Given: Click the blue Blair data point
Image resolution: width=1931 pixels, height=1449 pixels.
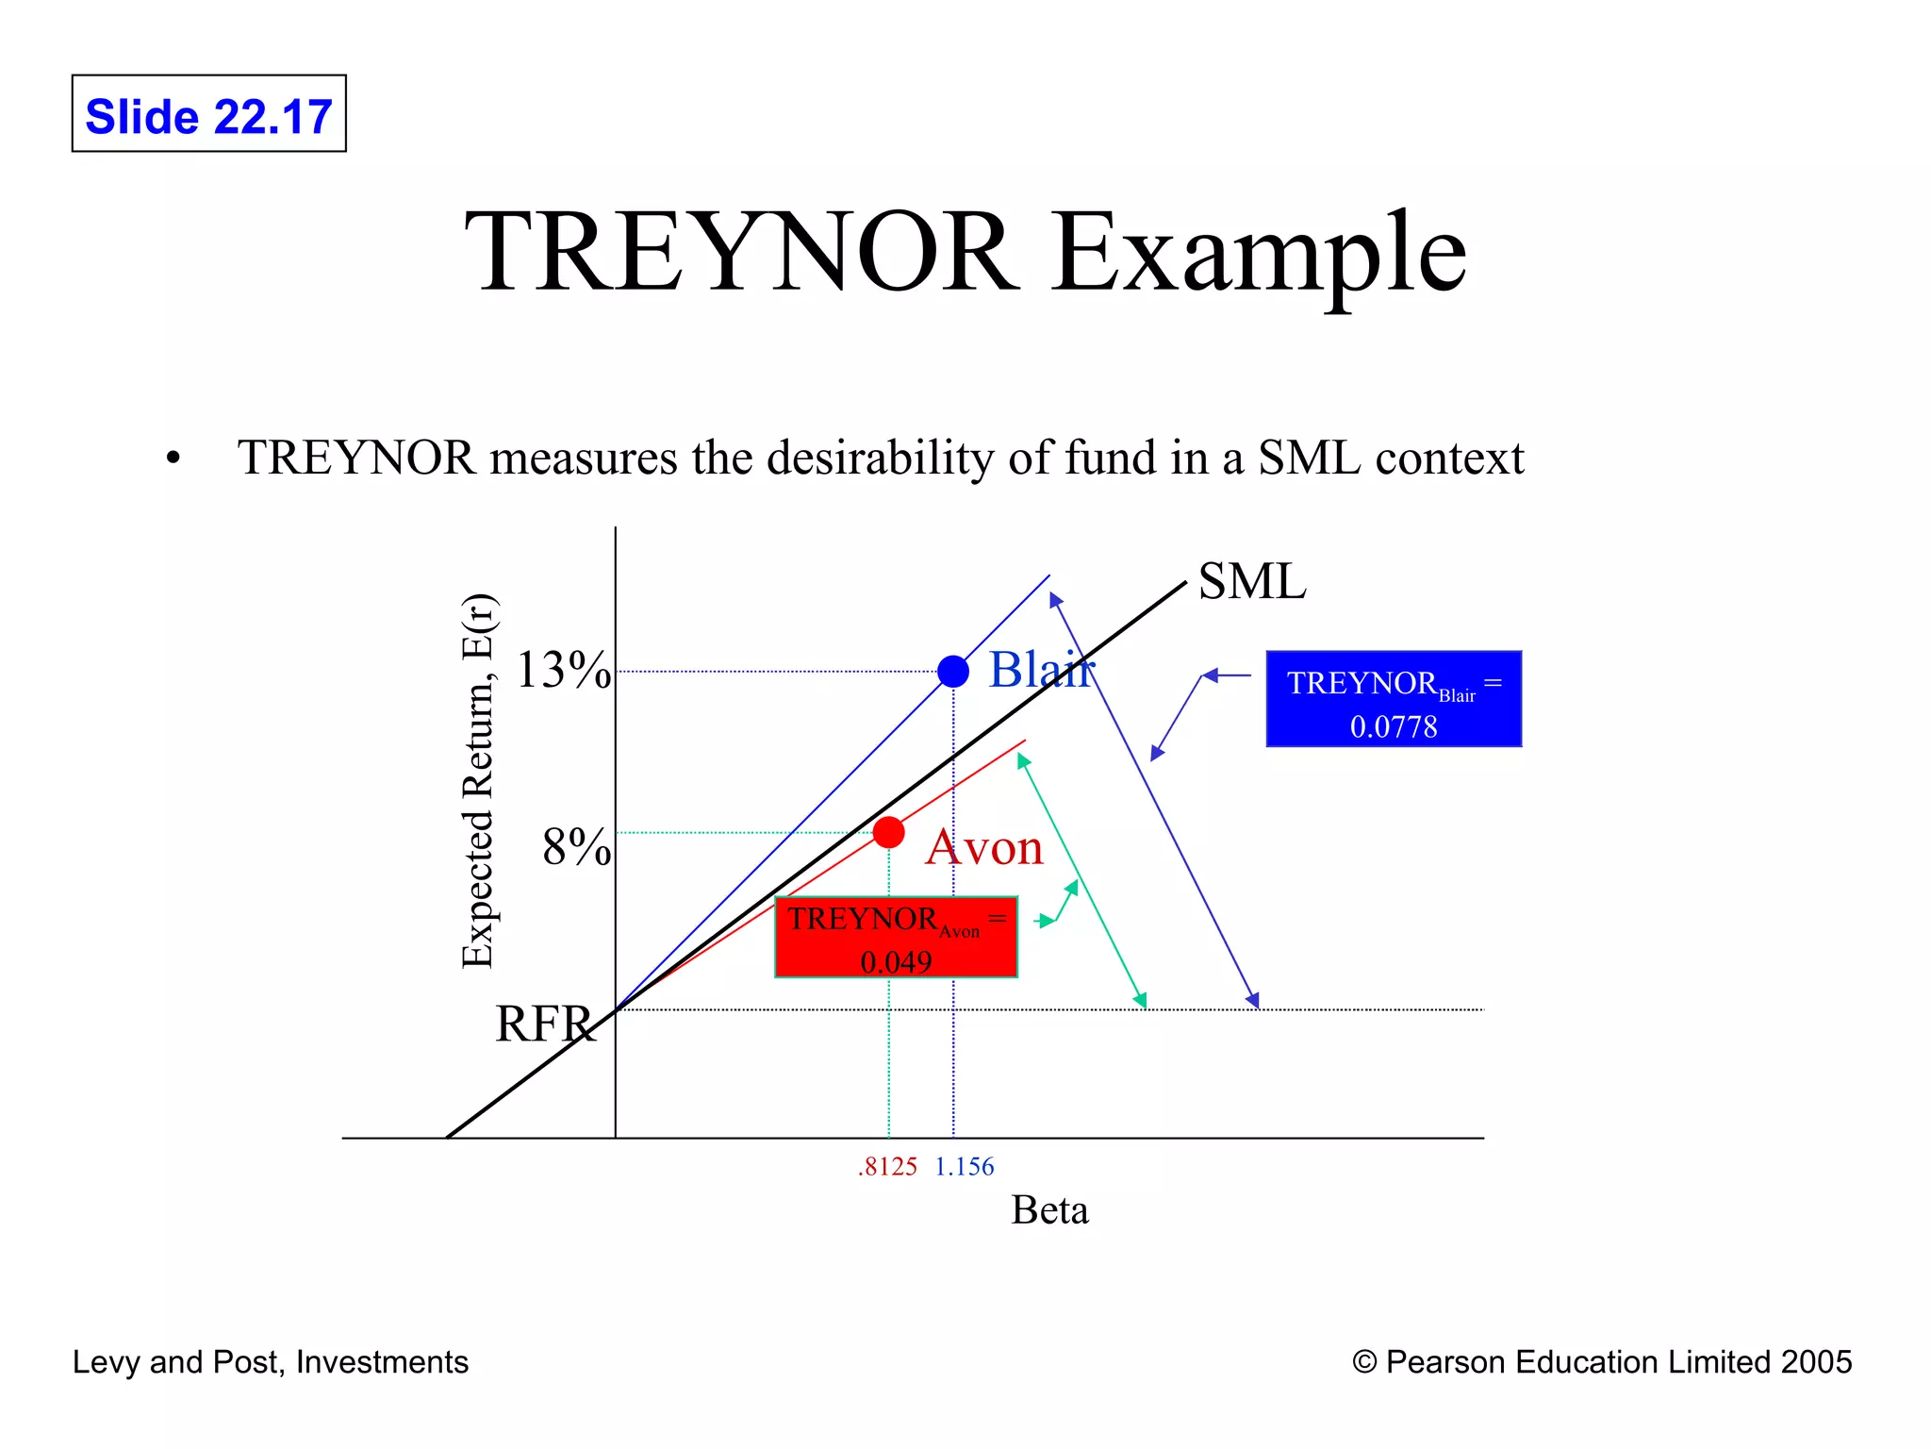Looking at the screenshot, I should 953,672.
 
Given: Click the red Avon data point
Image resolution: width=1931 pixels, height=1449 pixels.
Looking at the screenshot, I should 888,832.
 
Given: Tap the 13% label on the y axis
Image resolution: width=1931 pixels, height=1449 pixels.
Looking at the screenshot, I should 563,671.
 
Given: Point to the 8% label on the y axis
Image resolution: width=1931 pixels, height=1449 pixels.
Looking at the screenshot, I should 575,846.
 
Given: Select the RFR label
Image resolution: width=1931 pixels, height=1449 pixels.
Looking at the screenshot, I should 545,1024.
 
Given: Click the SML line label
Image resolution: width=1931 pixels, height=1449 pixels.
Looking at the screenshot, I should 1251,581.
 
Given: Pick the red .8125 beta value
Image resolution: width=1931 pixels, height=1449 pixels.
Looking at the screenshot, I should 887,1167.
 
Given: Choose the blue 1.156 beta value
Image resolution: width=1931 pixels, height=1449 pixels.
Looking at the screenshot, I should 964,1167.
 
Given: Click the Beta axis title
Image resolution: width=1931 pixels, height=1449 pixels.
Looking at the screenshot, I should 1049,1210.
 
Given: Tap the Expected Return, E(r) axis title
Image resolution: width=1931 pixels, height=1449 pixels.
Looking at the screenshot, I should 478,781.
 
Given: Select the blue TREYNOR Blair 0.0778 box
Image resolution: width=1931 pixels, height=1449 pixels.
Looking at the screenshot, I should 1393,699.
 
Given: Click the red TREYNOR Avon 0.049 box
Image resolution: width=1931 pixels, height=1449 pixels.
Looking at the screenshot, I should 896,937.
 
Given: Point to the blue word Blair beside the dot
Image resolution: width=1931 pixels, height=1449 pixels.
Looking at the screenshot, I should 1041,670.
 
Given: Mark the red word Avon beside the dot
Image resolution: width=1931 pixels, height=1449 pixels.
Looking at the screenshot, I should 984,847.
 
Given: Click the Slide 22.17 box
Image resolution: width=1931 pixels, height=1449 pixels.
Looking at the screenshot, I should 208,114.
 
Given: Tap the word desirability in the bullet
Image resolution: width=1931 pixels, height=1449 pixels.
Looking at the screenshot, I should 881,458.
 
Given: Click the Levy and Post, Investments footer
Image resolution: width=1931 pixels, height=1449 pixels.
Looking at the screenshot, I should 271,1362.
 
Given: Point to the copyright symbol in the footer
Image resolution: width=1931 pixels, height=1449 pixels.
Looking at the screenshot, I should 1363,1362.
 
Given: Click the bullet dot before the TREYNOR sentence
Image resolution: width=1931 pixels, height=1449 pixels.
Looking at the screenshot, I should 173,459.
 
